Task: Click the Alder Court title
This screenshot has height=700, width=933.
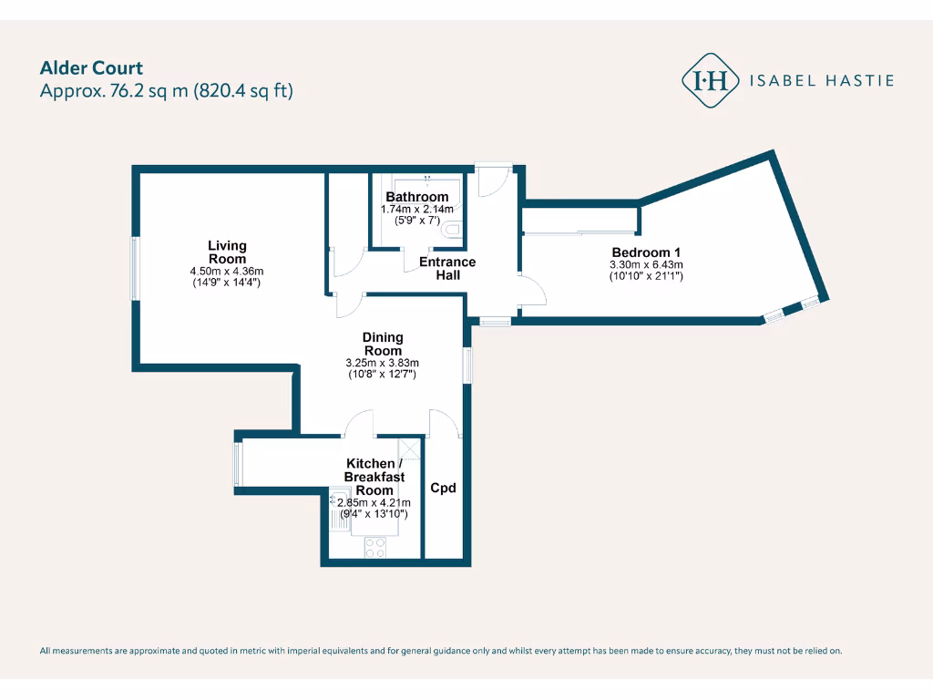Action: (x=91, y=67)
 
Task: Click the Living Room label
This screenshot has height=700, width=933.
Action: (x=227, y=252)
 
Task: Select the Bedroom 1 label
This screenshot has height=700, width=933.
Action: (x=646, y=252)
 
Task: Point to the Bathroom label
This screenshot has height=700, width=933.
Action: (x=417, y=197)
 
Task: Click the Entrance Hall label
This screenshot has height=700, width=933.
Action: (x=446, y=268)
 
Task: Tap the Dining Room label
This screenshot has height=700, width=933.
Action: (x=383, y=344)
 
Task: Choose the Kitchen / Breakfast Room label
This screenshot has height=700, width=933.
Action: (x=369, y=477)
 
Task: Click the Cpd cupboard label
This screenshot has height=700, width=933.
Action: (x=443, y=488)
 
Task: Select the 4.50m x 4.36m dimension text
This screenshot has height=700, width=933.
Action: (x=227, y=271)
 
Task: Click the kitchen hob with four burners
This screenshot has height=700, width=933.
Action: (x=374, y=547)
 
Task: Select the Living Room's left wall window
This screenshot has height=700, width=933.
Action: (x=135, y=268)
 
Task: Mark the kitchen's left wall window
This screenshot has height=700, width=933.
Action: (x=237, y=465)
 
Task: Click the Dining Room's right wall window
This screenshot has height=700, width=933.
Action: (x=467, y=365)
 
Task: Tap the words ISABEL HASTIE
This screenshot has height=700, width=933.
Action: (x=821, y=80)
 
